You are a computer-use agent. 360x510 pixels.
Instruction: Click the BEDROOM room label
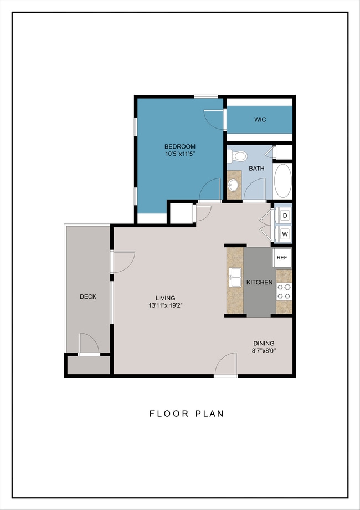[179, 146]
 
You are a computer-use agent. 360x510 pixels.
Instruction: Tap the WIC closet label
[260, 120]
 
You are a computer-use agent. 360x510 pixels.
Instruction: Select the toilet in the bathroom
[237, 156]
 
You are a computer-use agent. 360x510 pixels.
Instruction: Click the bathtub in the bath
[283, 181]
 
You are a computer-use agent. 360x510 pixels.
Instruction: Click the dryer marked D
[285, 215]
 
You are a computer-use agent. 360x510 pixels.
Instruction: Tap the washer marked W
[285, 234]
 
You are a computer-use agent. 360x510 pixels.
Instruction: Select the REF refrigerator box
[282, 258]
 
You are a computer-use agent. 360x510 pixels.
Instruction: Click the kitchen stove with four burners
[284, 292]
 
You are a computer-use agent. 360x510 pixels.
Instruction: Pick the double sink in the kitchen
[235, 277]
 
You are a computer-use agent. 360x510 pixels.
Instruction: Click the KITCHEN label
[259, 282]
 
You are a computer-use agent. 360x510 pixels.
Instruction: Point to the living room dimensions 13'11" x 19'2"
[165, 305]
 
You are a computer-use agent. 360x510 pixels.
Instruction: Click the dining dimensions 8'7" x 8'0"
[264, 350]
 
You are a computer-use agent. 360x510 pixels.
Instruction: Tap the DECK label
[88, 297]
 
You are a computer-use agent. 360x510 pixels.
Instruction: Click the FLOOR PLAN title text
[187, 414]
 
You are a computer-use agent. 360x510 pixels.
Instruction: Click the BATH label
[256, 169]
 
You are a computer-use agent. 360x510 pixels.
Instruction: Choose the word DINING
[264, 343]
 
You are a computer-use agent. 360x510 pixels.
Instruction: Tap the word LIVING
[166, 298]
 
